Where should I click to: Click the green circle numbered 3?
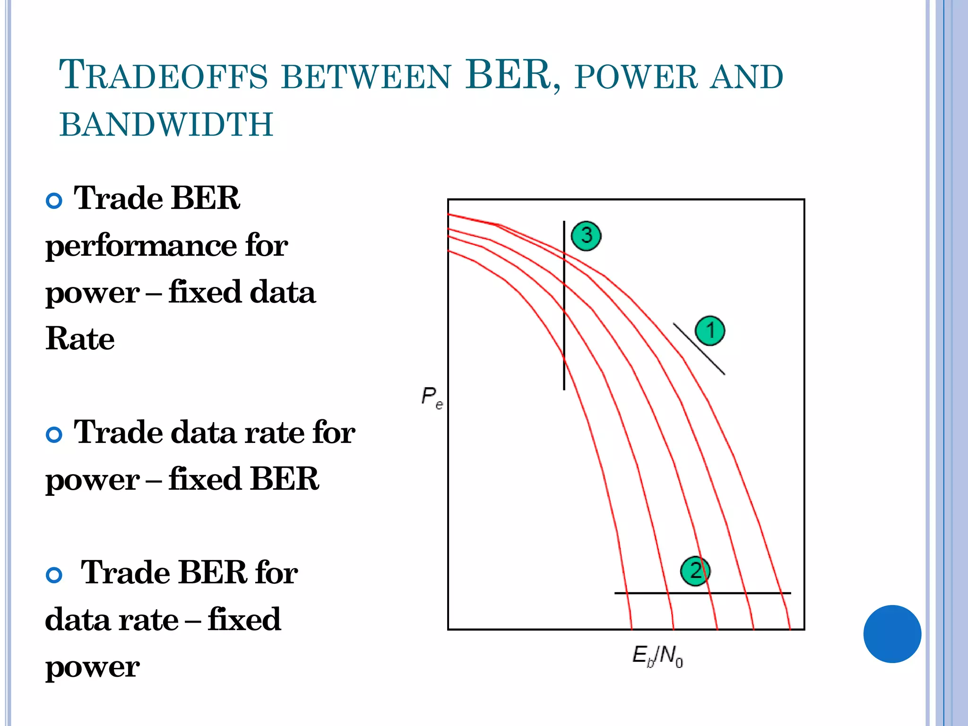586,235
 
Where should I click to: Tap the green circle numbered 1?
709,330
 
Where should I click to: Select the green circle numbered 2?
695,571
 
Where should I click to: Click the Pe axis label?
432,397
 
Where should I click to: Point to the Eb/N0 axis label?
657,656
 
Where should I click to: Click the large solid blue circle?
892,634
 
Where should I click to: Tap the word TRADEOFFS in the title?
164,76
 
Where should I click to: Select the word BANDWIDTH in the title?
166,124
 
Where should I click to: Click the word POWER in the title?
636,77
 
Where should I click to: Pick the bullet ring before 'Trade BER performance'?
54,201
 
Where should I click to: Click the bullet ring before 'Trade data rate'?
54,434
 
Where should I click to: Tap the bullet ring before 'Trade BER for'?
54,575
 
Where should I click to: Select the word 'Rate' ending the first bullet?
80,338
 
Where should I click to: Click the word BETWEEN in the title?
366,77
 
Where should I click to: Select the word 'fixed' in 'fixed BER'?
205,479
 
